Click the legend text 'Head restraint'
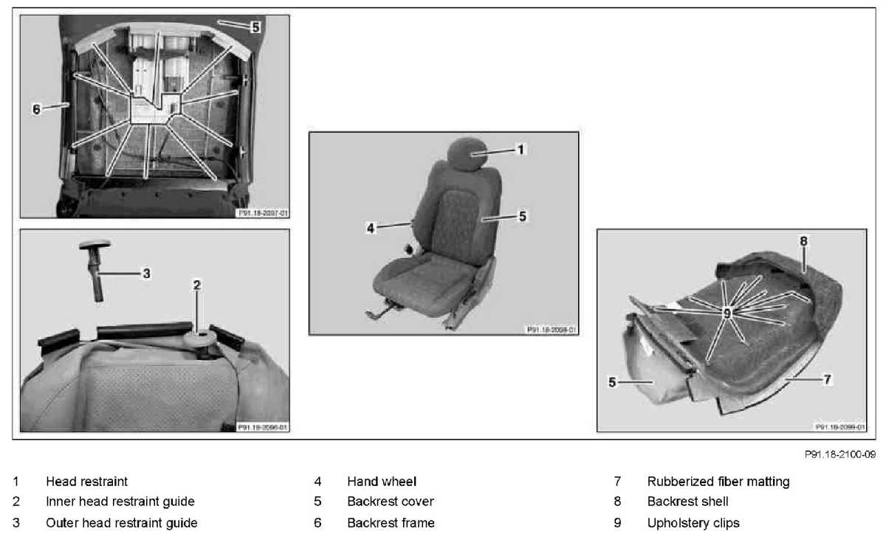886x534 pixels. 86,482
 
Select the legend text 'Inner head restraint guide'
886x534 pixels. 120,502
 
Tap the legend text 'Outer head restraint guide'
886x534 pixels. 122,523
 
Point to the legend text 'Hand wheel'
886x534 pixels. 382,482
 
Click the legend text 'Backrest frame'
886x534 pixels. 391,523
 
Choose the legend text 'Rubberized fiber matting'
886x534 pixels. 718,482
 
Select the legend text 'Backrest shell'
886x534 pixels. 688,502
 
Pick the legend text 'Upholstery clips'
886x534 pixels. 693,523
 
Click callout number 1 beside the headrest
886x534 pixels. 521,149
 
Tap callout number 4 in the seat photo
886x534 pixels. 371,229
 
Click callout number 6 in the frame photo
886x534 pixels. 36,109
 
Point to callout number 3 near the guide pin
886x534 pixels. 146,273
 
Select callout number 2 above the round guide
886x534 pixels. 197,285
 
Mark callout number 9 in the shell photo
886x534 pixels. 727,313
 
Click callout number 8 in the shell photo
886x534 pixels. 803,240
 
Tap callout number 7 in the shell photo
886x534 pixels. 828,378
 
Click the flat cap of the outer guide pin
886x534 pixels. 97,244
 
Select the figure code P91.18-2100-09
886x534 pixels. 845,455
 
